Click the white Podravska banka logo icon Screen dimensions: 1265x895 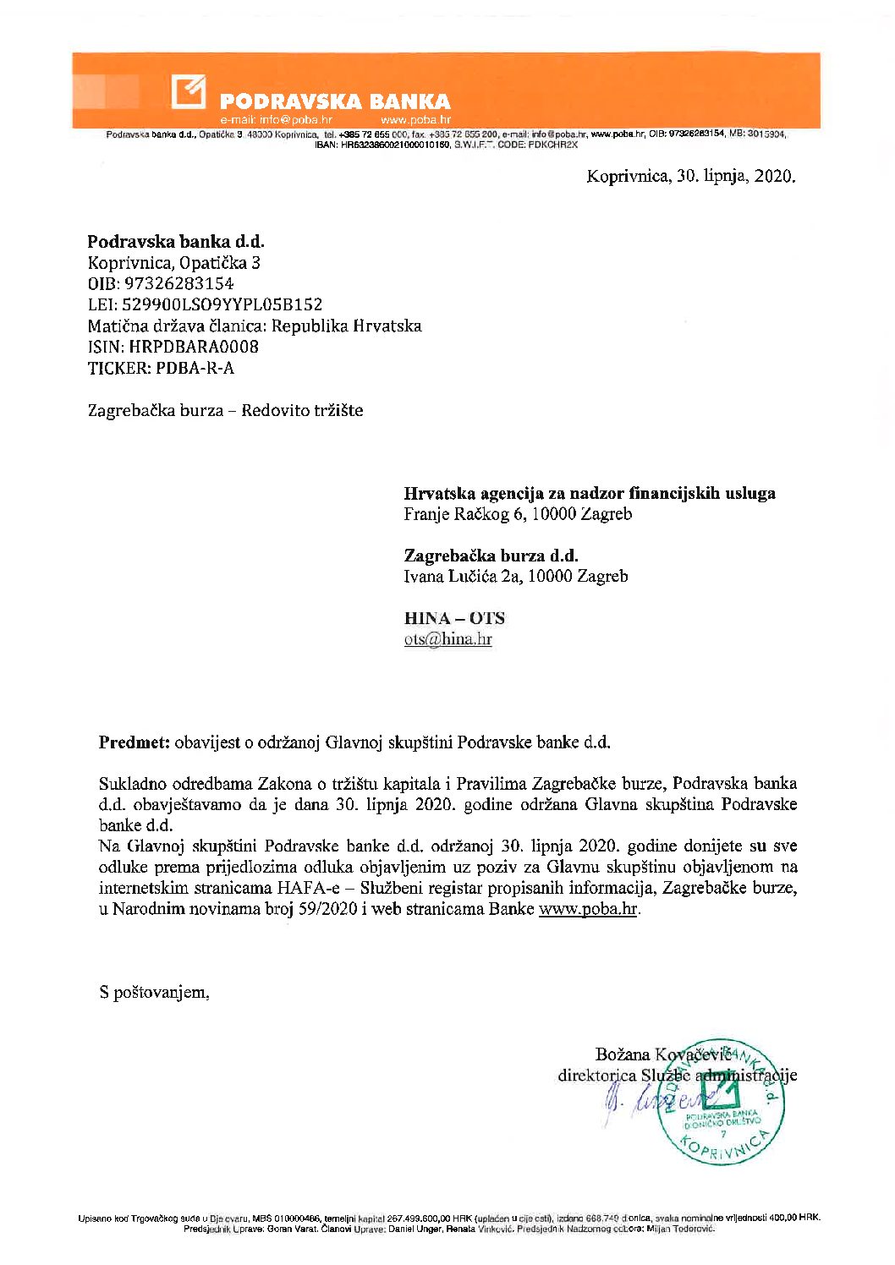pos(188,91)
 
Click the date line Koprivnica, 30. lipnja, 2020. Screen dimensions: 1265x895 pos(691,177)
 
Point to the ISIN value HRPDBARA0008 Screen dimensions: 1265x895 pos(194,347)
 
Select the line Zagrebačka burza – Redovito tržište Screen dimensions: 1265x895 pos(225,411)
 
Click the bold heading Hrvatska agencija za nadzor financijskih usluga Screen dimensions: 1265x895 pos(589,493)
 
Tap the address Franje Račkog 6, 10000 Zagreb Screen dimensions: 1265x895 pos(517,514)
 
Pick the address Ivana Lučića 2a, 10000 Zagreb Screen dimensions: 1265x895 pos(515,577)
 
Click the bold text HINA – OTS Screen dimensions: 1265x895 pos(454,618)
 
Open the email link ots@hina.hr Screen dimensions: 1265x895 pos(447,639)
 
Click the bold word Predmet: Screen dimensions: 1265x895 pos(134,743)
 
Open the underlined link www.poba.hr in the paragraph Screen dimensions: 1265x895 pos(587,910)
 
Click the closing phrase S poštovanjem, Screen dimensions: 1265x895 pos(154,993)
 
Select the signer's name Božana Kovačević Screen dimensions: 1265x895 pos(662,1054)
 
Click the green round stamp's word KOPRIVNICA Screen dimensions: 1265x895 pos(728,1147)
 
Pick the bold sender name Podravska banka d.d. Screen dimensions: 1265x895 pos(176,242)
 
